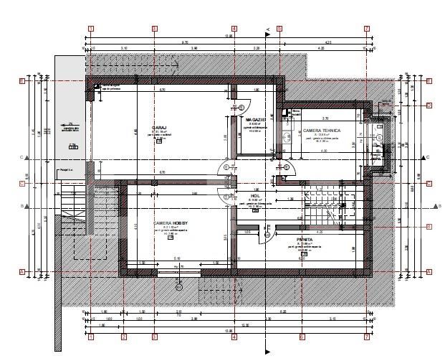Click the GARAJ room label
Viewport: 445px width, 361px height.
(x=159, y=127)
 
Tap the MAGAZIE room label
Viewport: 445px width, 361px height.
(x=256, y=119)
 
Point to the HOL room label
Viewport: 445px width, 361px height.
(x=254, y=194)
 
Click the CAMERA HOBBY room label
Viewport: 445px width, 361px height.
(x=170, y=223)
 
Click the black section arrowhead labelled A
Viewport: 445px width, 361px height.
(x=267, y=30)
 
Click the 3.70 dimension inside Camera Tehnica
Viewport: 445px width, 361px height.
(x=325, y=118)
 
